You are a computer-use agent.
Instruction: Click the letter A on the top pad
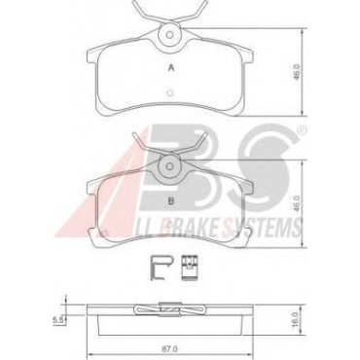pyautogui.click(x=171, y=68)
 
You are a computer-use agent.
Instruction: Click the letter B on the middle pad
pyautogui.click(x=171, y=200)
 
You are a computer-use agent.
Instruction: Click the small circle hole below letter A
pyautogui.click(x=169, y=93)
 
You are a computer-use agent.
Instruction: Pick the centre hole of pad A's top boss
pyautogui.click(x=169, y=34)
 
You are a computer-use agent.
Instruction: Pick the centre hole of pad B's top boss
pyautogui.click(x=169, y=166)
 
